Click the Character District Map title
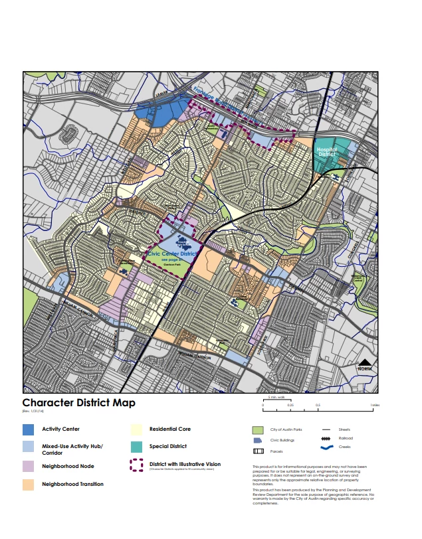(x=79, y=403)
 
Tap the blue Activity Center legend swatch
(x=28, y=429)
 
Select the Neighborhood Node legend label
(x=66, y=467)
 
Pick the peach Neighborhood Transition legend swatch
(x=28, y=485)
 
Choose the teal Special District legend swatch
(x=136, y=447)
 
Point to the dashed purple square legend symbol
(x=136, y=466)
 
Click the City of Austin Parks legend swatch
(x=258, y=429)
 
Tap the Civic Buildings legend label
(x=283, y=440)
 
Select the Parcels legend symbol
(x=258, y=451)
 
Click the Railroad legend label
(x=346, y=438)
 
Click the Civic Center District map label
(x=172, y=253)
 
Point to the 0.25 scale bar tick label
(x=291, y=405)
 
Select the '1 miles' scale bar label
(x=375, y=405)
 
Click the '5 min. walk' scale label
(x=276, y=397)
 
